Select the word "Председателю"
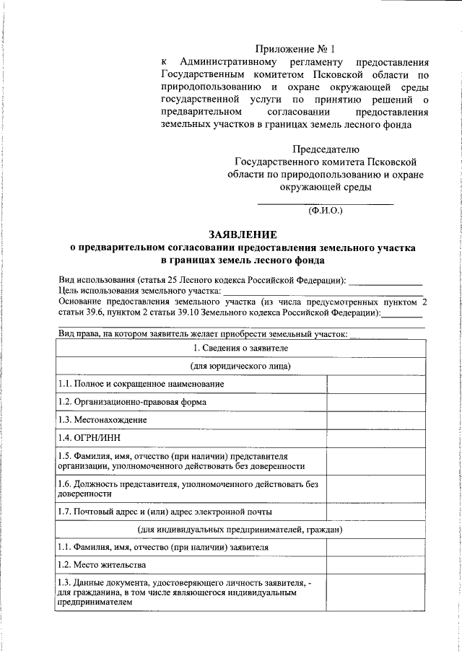[x=326, y=149]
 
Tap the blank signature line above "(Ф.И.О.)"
[x=326, y=203]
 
